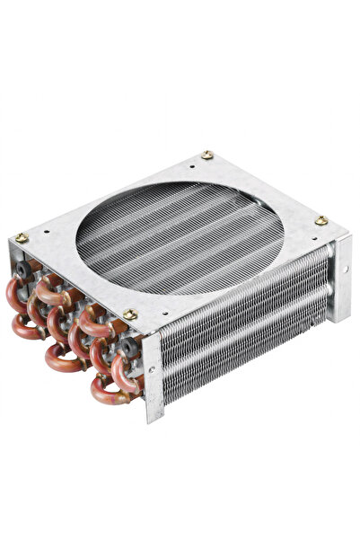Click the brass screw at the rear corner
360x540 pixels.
(207, 155)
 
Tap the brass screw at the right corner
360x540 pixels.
(320, 220)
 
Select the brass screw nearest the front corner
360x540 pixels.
(130, 314)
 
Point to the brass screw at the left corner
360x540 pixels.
(21, 238)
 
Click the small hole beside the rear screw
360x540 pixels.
(193, 164)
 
